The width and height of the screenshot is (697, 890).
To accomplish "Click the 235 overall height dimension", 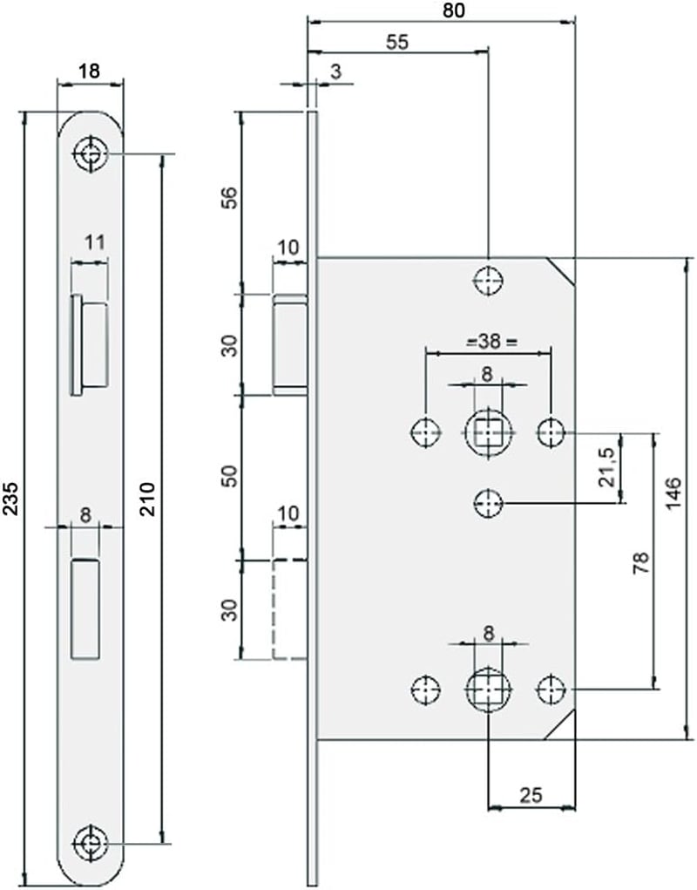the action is click(x=12, y=499).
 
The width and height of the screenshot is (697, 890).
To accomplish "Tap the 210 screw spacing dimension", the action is click(x=147, y=499).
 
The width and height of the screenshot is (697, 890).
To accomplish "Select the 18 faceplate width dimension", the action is click(x=89, y=71).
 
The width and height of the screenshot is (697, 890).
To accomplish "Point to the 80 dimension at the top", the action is click(x=453, y=10).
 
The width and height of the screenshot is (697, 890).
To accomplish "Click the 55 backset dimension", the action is click(x=397, y=42).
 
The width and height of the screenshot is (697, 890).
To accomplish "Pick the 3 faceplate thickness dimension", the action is click(x=335, y=72).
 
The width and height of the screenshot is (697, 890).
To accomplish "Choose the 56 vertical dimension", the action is click(x=230, y=198).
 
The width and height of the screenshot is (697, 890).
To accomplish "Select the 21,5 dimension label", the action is click(x=606, y=466).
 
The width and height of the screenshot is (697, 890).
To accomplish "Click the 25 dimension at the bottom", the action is click(x=531, y=795).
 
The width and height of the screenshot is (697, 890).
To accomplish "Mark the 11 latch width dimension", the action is click(x=95, y=242).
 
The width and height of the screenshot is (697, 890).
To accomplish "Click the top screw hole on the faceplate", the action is click(x=90, y=153).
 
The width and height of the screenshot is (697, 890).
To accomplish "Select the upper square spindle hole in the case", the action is click(x=488, y=433).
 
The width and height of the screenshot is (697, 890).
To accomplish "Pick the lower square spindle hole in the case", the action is click(x=488, y=689).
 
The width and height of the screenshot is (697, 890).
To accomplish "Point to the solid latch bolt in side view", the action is click(x=290, y=344).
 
